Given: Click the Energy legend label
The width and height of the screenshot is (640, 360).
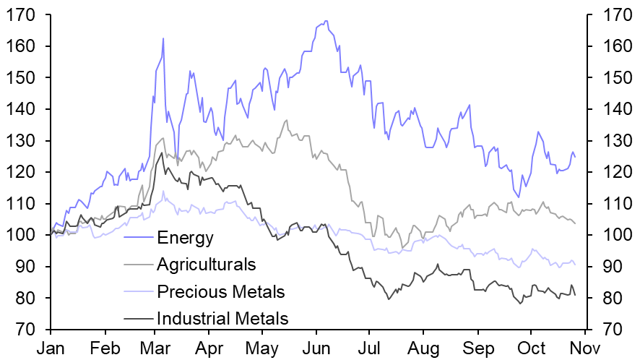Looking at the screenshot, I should pos(186,236).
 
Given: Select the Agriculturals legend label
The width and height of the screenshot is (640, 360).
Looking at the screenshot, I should pos(206,264).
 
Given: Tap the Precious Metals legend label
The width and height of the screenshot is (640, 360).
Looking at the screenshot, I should pos(220,291).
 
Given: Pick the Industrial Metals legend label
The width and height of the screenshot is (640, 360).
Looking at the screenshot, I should pos(222,318).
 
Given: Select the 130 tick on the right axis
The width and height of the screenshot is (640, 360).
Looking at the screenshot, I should pos(607,140).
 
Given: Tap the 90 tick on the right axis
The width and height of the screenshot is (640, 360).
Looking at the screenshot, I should pos(602,267).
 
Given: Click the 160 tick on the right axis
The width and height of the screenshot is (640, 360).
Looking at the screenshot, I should pos(607,46).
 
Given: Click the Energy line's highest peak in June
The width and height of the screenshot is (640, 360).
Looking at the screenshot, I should pos(326,21).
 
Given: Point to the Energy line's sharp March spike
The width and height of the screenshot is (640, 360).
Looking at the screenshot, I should pos(163,38).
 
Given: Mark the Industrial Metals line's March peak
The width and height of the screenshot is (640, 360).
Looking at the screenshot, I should pos(161,153).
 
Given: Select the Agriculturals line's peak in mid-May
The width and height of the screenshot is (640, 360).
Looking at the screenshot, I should pos(286,120).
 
